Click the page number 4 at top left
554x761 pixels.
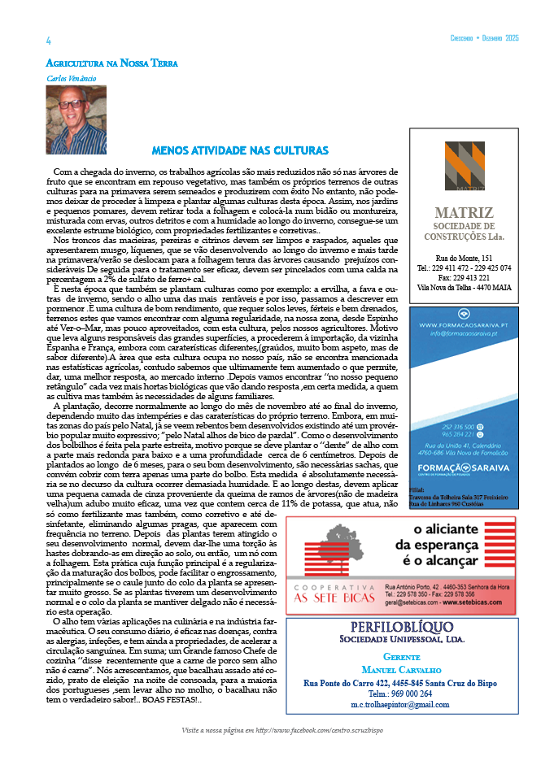pos(49,41)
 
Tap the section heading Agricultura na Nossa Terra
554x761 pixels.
pos(111,63)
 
